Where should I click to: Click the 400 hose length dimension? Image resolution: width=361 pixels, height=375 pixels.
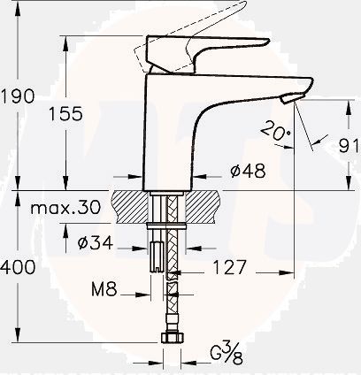point(19,266)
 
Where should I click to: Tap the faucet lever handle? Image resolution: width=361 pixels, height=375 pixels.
point(212,44)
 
